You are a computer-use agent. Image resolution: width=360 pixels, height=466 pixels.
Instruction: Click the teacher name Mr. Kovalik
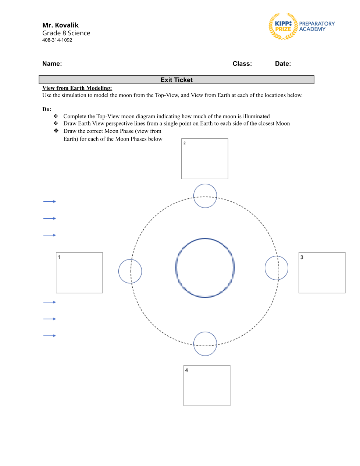pos(60,25)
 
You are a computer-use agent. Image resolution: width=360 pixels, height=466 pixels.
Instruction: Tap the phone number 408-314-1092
pos(57,40)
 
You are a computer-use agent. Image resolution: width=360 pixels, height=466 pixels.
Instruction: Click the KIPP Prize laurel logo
pos(283,27)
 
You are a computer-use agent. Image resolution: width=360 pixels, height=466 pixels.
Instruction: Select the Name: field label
pos(52,64)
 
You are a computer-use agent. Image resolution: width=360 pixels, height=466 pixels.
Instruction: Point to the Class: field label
pos(242,64)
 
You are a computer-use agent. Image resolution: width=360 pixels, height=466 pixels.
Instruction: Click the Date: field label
pos(283,64)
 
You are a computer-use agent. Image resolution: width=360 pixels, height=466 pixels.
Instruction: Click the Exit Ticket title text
pos(177,80)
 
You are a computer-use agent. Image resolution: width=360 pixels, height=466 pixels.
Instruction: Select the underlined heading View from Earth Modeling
pos(77,88)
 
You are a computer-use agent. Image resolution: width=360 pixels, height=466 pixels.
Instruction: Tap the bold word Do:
pos(47,109)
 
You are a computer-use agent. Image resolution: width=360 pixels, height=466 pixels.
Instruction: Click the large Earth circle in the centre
pos(205,268)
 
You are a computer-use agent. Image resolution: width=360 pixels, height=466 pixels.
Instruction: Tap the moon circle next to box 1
pos(130,271)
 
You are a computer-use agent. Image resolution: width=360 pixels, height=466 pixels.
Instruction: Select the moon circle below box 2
pos(205,196)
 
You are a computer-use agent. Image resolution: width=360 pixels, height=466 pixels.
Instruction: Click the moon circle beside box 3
pos(277,268)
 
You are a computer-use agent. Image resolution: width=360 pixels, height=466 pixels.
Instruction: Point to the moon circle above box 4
pos(205,344)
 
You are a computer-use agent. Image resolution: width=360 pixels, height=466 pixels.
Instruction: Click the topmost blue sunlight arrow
pos(49,202)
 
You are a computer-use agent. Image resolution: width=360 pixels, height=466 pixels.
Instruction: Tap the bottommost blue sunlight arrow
pos(49,336)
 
